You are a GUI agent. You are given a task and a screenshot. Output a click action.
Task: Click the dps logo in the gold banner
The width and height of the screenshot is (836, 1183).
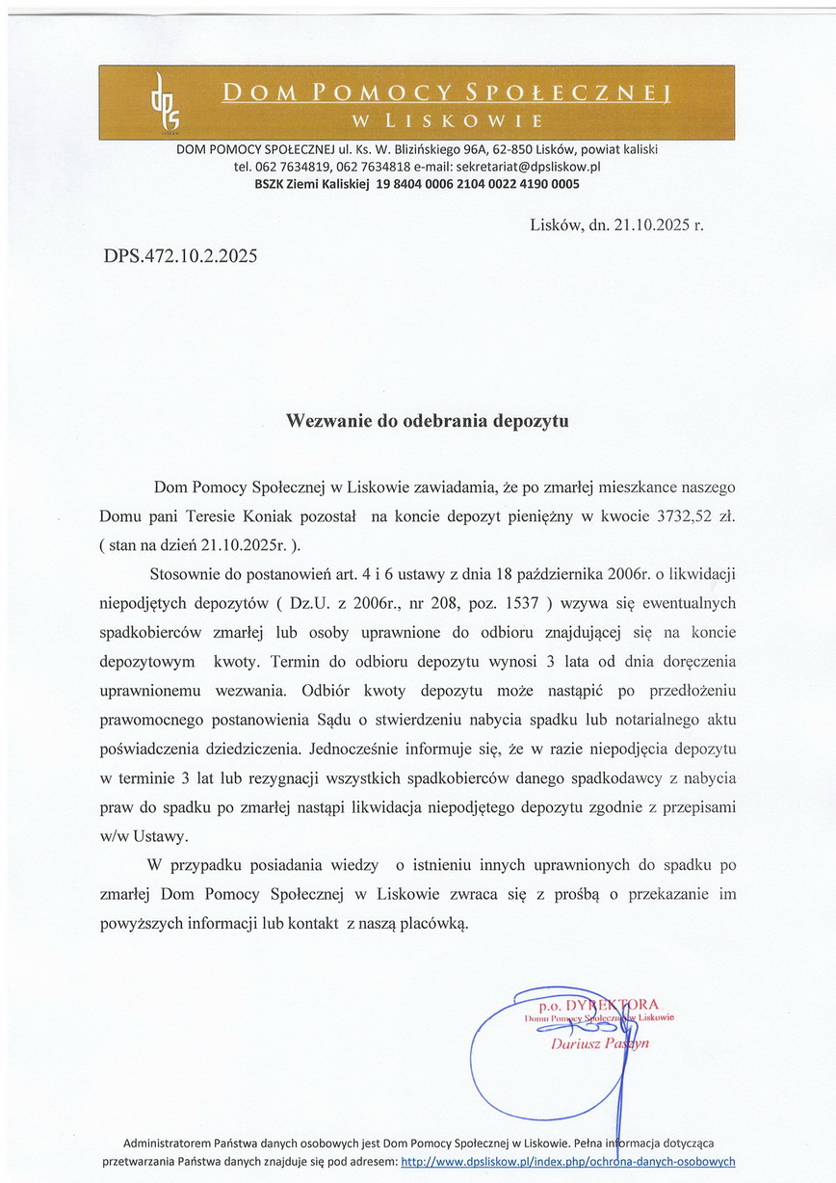(x=165, y=103)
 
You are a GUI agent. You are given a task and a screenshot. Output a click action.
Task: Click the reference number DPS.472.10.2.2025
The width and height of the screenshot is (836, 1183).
(x=180, y=257)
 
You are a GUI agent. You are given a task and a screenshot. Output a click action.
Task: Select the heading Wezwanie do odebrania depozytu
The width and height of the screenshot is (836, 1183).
(x=429, y=421)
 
